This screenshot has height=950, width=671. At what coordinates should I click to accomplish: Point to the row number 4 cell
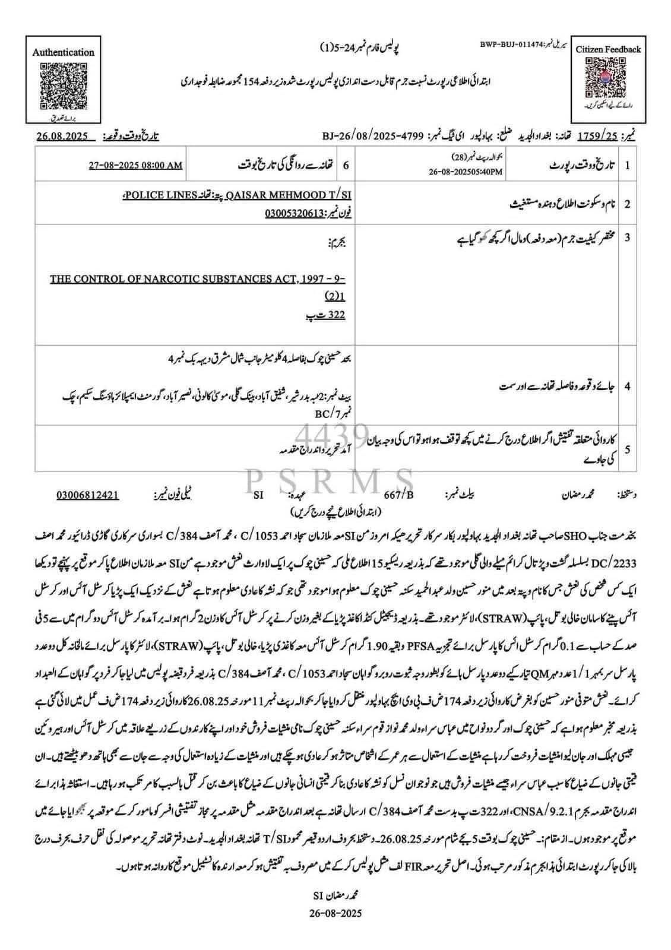pos(627,387)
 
